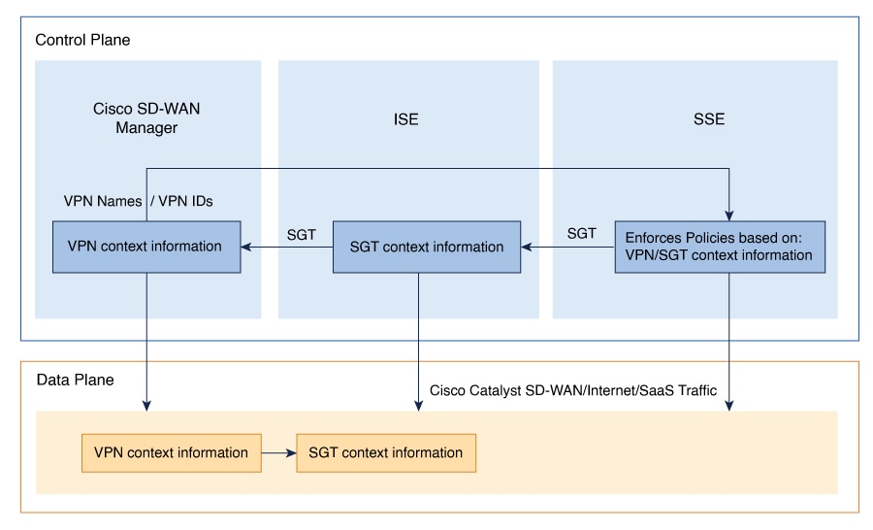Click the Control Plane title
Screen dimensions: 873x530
click(x=82, y=40)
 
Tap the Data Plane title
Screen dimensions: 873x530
click(x=75, y=381)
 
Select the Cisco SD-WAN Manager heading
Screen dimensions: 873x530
click(x=146, y=118)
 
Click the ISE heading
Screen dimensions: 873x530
click(x=405, y=119)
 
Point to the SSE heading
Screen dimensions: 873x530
click(x=709, y=119)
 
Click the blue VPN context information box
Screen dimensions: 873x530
click(x=146, y=247)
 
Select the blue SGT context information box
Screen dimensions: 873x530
click(x=427, y=247)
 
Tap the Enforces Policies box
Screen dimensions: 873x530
click(x=720, y=247)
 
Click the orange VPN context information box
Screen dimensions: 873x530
click(x=172, y=453)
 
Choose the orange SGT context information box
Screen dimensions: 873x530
click(x=386, y=453)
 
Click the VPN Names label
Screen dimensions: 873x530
click(x=103, y=201)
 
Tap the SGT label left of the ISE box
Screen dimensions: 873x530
click(x=302, y=235)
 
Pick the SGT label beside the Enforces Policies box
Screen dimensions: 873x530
click(x=582, y=234)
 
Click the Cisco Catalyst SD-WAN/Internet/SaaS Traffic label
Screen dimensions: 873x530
click(x=573, y=390)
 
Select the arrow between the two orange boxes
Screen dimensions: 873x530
click(x=279, y=453)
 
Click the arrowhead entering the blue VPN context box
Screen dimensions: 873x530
click(x=246, y=247)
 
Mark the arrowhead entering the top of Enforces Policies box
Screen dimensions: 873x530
click(x=728, y=215)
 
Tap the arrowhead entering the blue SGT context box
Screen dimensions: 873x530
click(x=526, y=247)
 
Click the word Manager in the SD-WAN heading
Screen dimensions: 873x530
click(x=146, y=128)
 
